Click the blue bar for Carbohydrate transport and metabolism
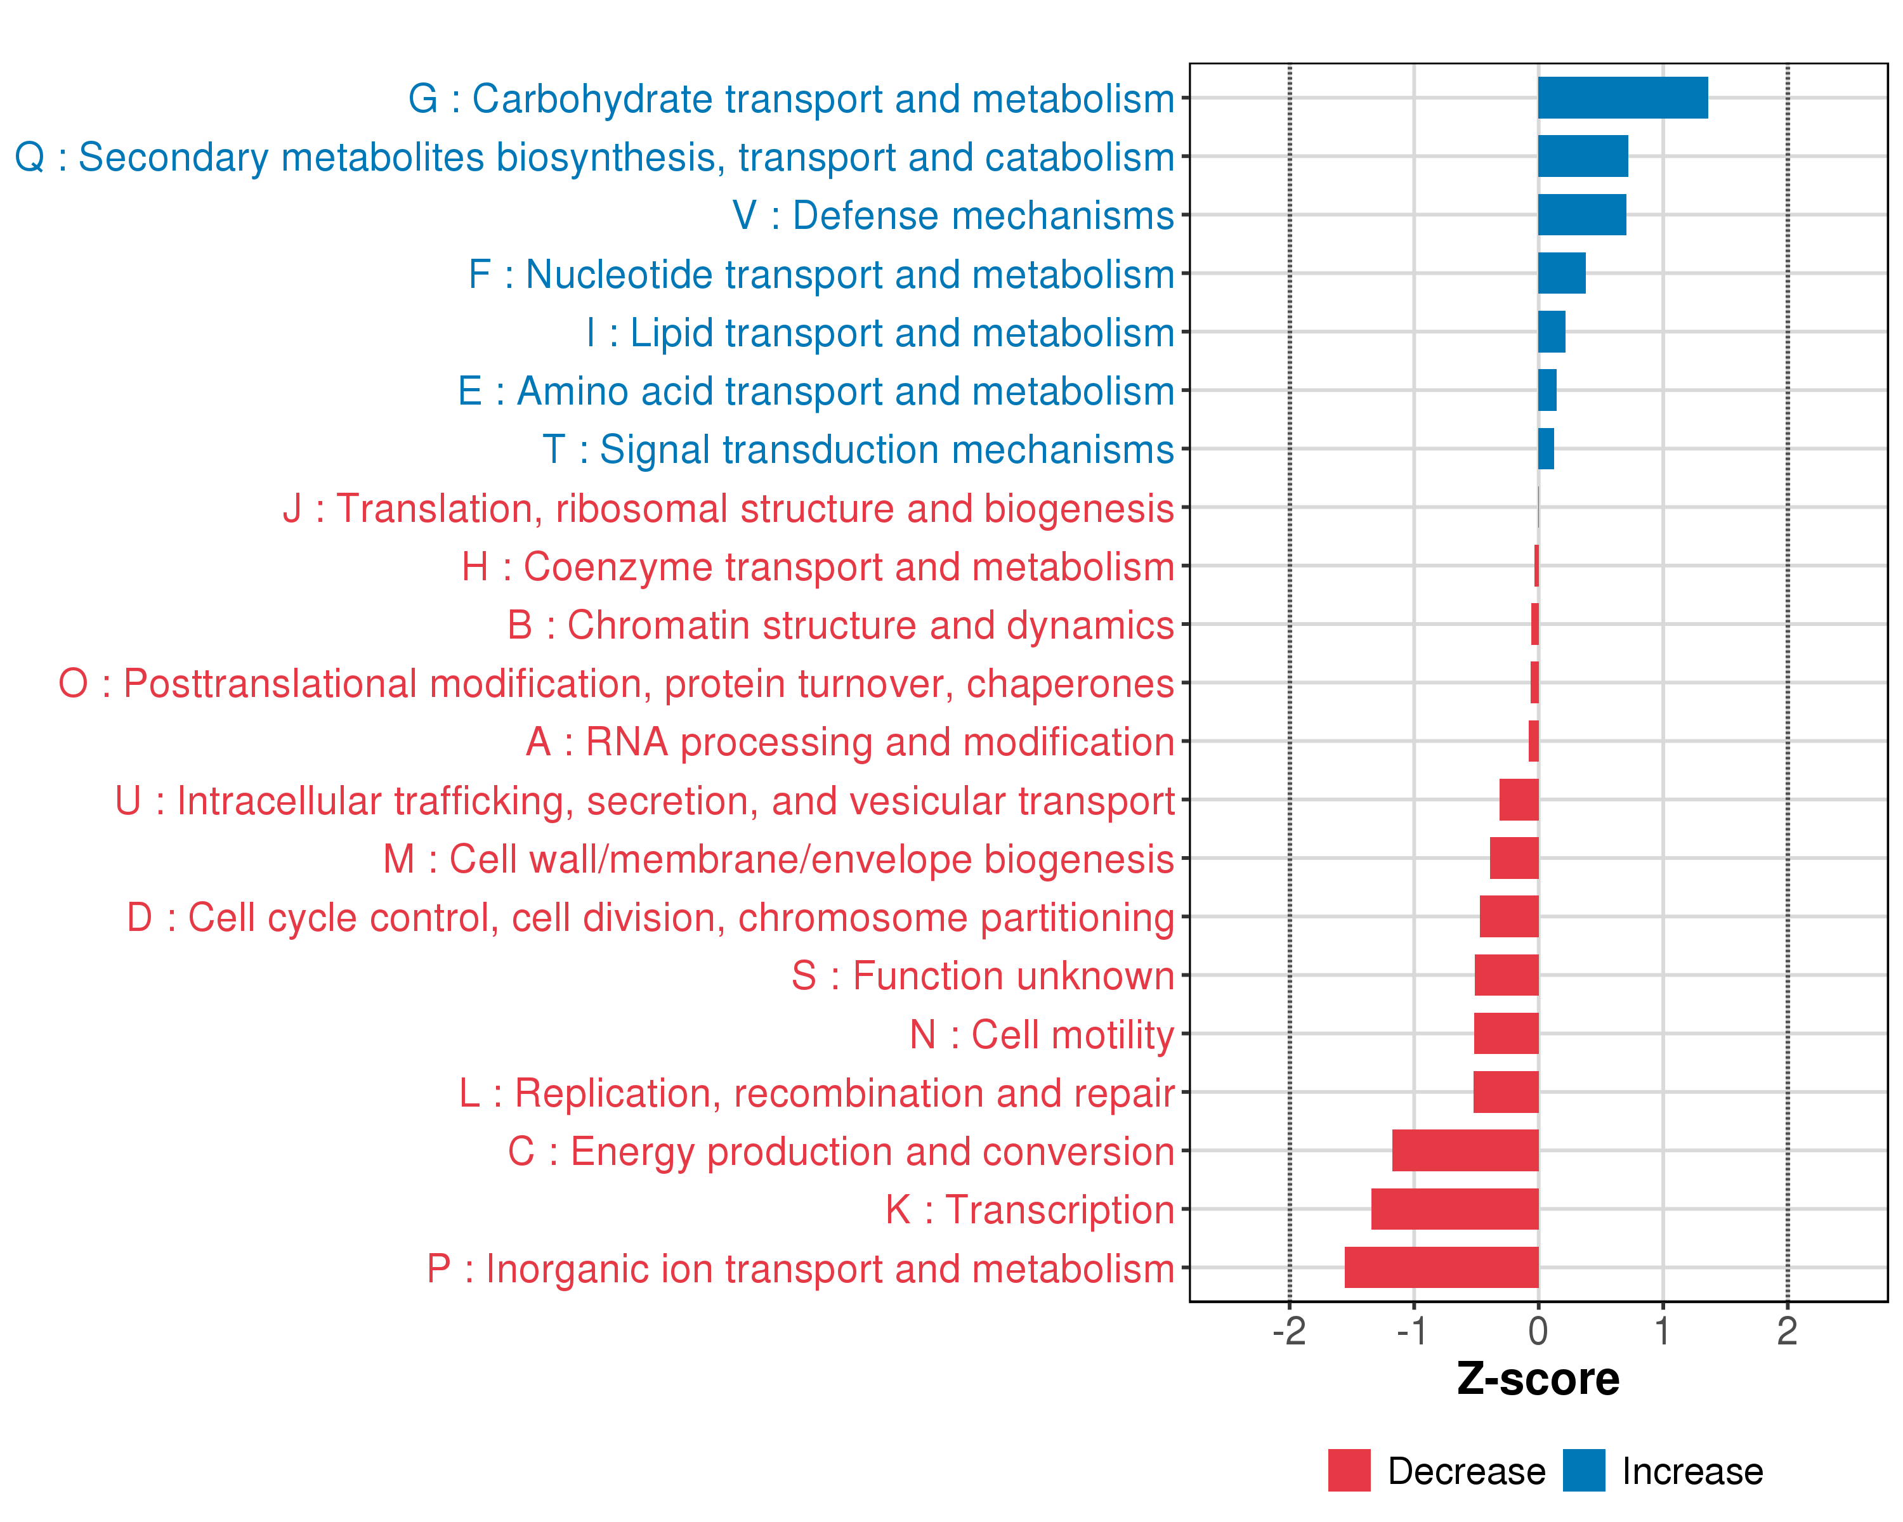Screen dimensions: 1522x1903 [x=1623, y=98]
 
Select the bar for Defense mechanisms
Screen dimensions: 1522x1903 [x=1582, y=215]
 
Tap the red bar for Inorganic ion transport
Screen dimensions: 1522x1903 [x=1441, y=1267]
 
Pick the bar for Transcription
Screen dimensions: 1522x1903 [x=1455, y=1209]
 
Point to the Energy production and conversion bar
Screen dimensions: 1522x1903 [x=1465, y=1150]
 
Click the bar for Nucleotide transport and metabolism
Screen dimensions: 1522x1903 [x=1562, y=273]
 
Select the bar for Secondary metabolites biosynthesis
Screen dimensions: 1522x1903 [x=1583, y=156]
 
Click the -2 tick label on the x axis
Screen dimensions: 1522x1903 [x=1289, y=1331]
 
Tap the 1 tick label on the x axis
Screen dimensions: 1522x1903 [x=1663, y=1331]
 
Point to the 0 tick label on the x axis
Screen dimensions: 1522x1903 [x=1538, y=1331]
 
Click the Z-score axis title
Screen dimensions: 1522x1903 [x=1538, y=1379]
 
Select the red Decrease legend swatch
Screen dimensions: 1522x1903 [x=1349, y=1471]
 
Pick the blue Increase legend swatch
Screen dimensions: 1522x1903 [x=1583, y=1471]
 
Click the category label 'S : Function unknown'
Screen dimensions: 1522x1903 [x=983, y=976]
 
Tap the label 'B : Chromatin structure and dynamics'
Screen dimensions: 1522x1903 [x=840, y=625]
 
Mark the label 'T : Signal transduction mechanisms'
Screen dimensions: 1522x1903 [x=858, y=449]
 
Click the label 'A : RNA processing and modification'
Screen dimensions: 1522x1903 [x=849, y=742]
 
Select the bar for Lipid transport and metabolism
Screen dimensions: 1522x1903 [x=1552, y=332]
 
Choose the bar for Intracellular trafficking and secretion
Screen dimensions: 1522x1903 [x=1519, y=800]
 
